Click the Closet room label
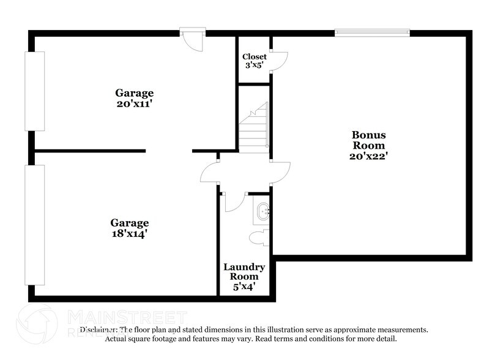click(255, 57)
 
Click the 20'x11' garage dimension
click(135, 103)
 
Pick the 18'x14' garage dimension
click(129, 233)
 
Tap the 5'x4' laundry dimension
click(244, 286)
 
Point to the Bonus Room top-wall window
click(372, 32)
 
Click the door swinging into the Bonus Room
click(280, 172)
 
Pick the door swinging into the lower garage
click(210, 173)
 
